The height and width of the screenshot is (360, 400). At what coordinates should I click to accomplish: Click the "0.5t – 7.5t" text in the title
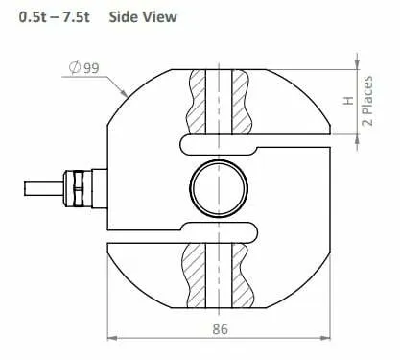tap(55, 17)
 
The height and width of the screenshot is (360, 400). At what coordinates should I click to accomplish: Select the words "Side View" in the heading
tap(143, 17)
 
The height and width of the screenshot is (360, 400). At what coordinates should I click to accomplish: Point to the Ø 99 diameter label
tap(84, 68)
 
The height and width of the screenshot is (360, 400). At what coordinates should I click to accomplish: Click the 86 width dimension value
tap(221, 329)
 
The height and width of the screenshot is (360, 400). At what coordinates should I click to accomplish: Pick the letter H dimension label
tap(348, 101)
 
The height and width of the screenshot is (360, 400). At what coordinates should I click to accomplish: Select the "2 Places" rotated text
tap(367, 101)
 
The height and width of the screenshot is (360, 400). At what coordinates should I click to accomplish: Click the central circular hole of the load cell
tap(219, 188)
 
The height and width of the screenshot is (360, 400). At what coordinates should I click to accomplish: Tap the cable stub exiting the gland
tap(44, 189)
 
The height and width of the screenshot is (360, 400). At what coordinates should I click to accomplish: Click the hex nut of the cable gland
tap(78, 189)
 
